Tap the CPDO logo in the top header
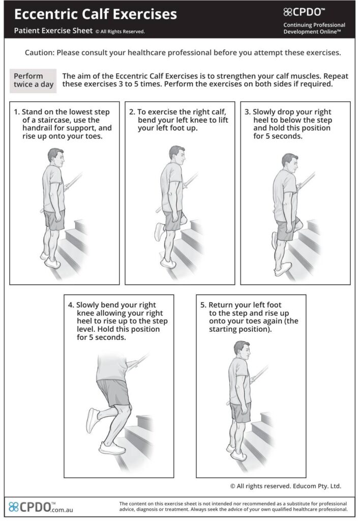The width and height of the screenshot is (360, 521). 304,12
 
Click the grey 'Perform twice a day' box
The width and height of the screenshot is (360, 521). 33,80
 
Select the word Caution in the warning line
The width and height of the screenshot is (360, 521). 39,52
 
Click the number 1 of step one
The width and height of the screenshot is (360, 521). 16,112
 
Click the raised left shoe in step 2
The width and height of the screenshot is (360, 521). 160,231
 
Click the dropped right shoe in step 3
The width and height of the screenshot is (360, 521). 283,269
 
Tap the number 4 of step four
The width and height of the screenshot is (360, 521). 71,305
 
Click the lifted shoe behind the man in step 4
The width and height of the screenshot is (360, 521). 93,421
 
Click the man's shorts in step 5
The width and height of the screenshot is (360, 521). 241,412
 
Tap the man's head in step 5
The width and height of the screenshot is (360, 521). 242,350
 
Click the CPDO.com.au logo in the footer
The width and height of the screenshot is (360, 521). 41,507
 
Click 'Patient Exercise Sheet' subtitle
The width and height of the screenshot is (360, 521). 53,31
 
